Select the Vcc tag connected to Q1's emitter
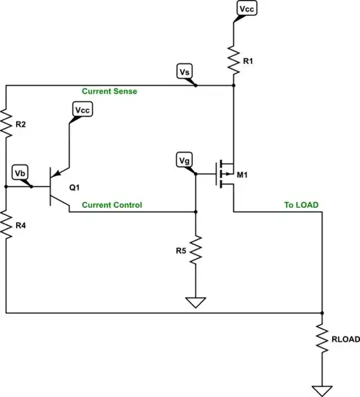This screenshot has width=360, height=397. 83,109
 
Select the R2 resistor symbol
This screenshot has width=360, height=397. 6,123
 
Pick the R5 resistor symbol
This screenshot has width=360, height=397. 195,251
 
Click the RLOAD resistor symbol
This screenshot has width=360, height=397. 323,339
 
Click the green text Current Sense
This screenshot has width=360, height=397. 109,91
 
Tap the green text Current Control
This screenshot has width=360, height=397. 111,205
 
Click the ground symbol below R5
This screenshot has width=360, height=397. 195,303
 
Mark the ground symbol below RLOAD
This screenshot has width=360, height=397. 323,390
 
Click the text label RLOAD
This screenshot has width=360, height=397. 345,339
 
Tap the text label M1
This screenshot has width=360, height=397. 243,175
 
